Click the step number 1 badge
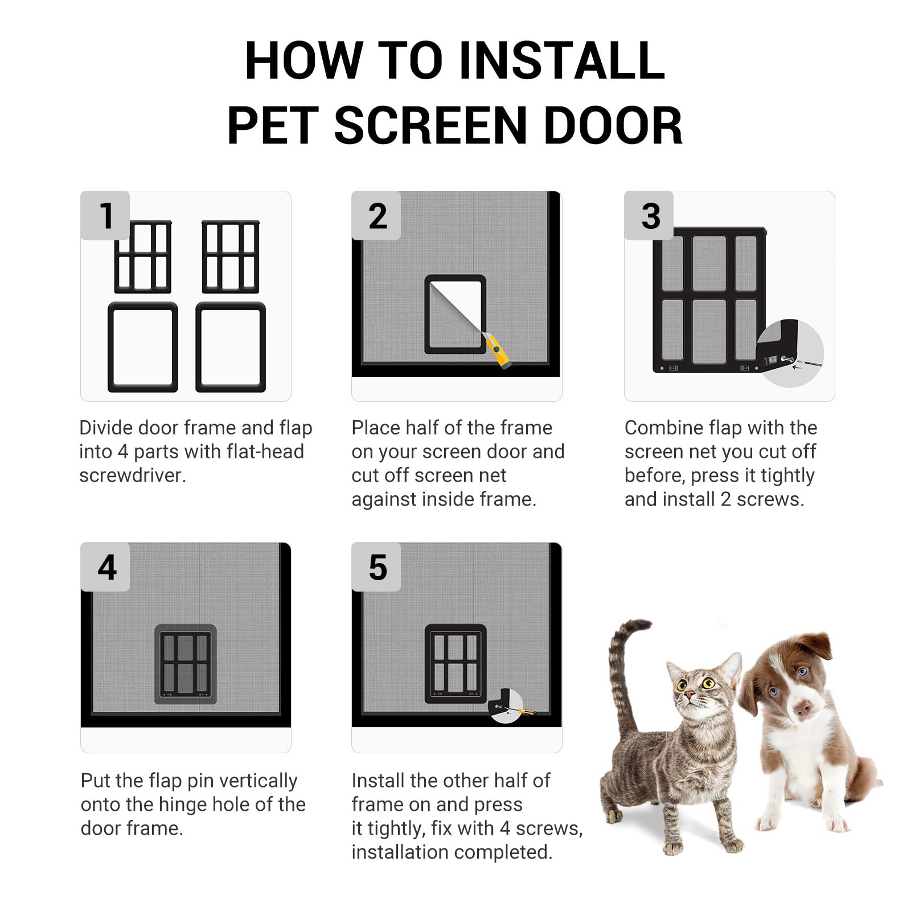tap(105, 215)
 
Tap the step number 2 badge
tap(377, 215)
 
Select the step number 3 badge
tap(650, 215)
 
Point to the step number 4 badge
tap(106, 567)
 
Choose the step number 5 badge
tap(377, 567)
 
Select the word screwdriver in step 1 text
tap(132, 475)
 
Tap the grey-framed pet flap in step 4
tap(186, 664)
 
